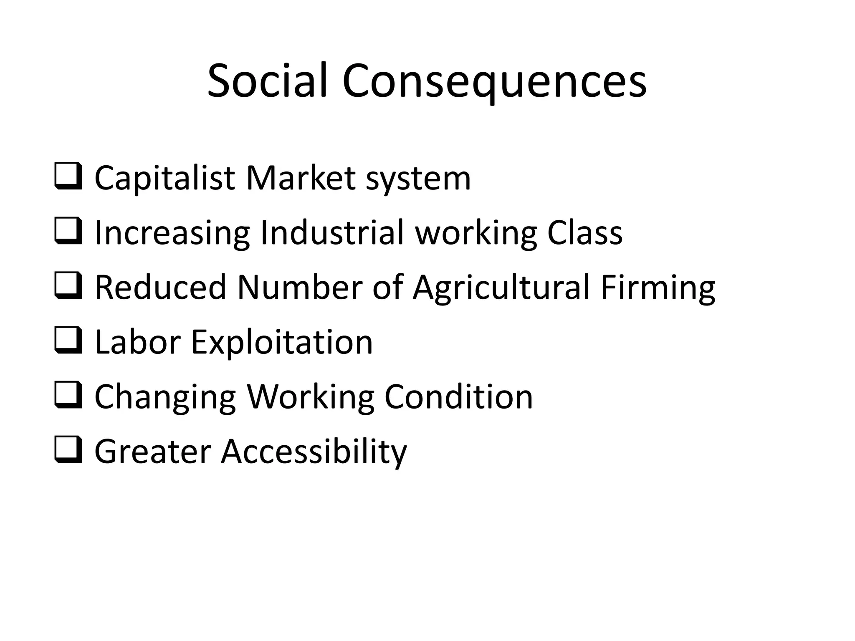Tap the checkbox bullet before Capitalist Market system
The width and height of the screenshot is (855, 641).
click(x=68, y=177)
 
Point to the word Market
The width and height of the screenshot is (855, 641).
click(x=301, y=178)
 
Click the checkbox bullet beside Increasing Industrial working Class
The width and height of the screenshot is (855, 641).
click(x=68, y=232)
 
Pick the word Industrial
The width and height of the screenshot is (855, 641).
click(x=332, y=232)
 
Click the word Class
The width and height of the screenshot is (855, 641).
click(x=584, y=232)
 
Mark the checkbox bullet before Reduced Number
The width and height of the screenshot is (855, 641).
click(x=68, y=287)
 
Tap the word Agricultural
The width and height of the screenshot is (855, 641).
click(x=501, y=288)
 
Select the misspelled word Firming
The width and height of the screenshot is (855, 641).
click(x=658, y=288)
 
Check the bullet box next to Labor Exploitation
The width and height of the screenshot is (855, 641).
click(x=68, y=341)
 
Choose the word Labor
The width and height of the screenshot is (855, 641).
click(x=138, y=342)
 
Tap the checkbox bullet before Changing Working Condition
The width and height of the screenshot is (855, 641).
click(x=68, y=396)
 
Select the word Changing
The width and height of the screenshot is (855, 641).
click(x=165, y=397)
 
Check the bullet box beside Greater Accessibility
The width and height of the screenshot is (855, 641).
click(x=68, y=451)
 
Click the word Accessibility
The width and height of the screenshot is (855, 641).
click(x=314, y=452)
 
